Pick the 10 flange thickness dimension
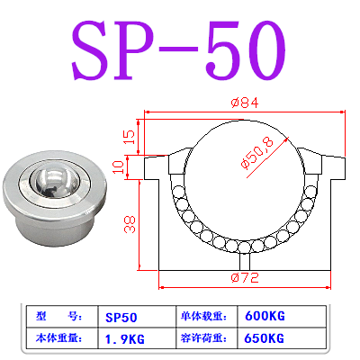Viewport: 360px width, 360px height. (x=130, y=166)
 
